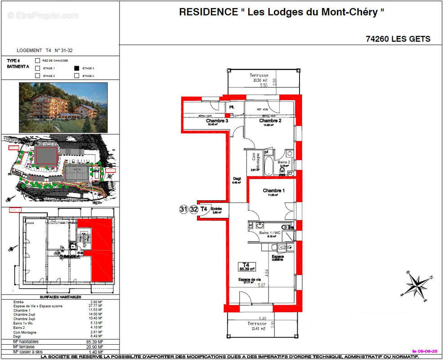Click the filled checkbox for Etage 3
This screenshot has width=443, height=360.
[77, 68]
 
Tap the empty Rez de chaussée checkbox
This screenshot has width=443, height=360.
[38, 60]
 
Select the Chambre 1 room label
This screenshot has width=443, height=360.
[273, 191]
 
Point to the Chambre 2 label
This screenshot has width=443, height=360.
[269, 121]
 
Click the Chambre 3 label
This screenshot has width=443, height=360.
[217, 121]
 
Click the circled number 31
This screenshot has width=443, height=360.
[183, 209]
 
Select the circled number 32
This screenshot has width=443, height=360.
[193, 209]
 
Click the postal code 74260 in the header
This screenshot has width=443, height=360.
[377, 39]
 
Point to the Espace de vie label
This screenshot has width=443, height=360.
[249, 279]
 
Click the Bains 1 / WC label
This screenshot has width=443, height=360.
[270, 233]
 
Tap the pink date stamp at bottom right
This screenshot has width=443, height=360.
[425, 351]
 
